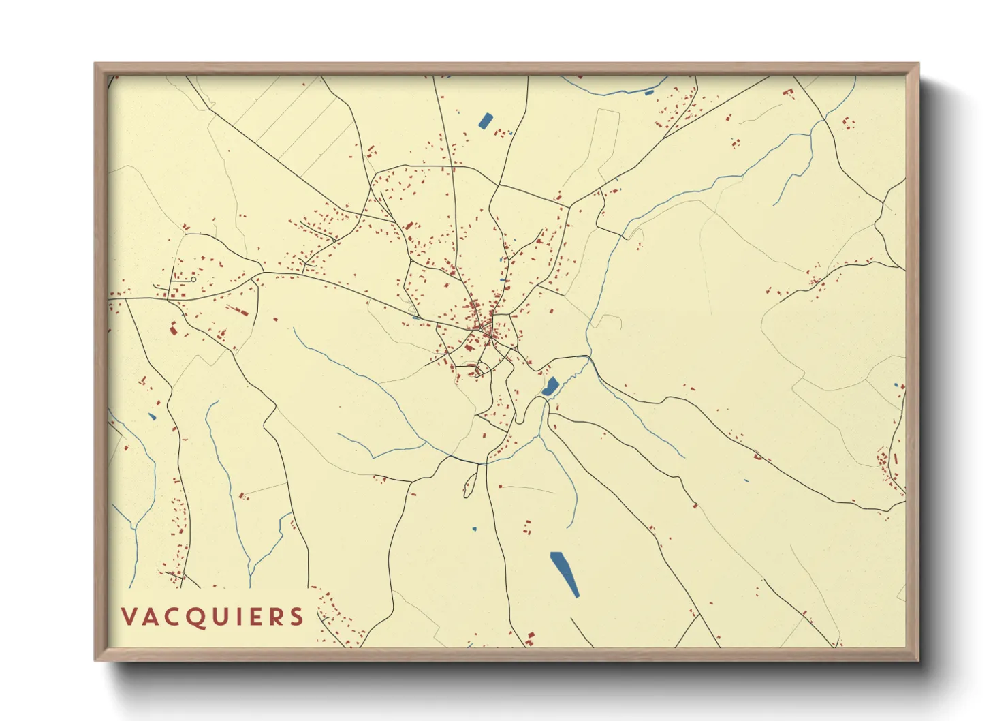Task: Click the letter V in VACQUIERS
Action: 129,617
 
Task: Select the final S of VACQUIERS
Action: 296,617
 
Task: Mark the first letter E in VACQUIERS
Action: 255,617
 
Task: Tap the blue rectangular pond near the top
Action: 486,121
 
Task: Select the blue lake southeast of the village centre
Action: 550,387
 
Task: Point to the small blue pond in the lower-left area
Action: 153,416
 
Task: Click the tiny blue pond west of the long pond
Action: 475,529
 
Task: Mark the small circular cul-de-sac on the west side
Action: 193,279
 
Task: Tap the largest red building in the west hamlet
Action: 173,331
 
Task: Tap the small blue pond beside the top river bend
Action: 649,92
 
